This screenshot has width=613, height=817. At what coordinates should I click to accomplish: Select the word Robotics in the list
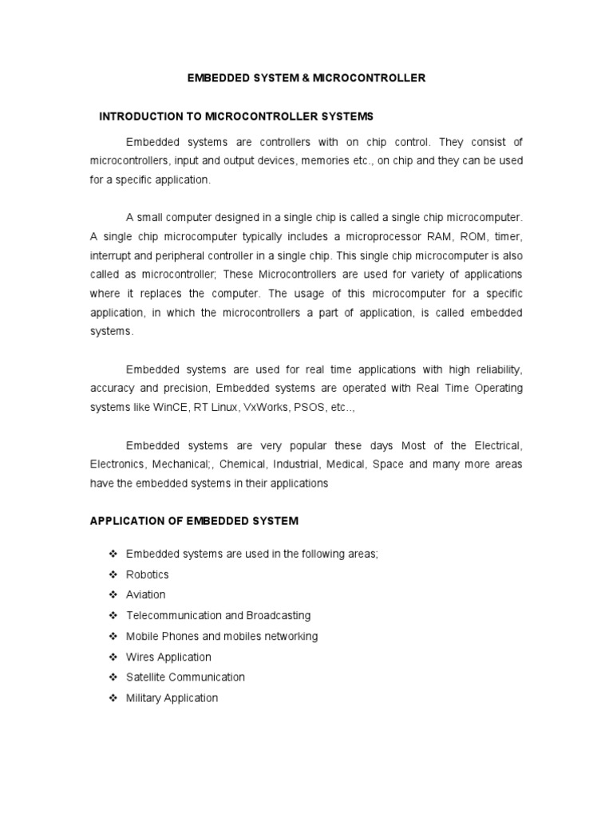click(x=148, y=574)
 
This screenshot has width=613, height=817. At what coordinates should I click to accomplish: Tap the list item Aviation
click(x=146, y=595)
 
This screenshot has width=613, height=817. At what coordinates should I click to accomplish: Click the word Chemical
click(x=243, y=464)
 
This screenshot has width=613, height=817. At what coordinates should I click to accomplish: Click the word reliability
click(x=495, y=369)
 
